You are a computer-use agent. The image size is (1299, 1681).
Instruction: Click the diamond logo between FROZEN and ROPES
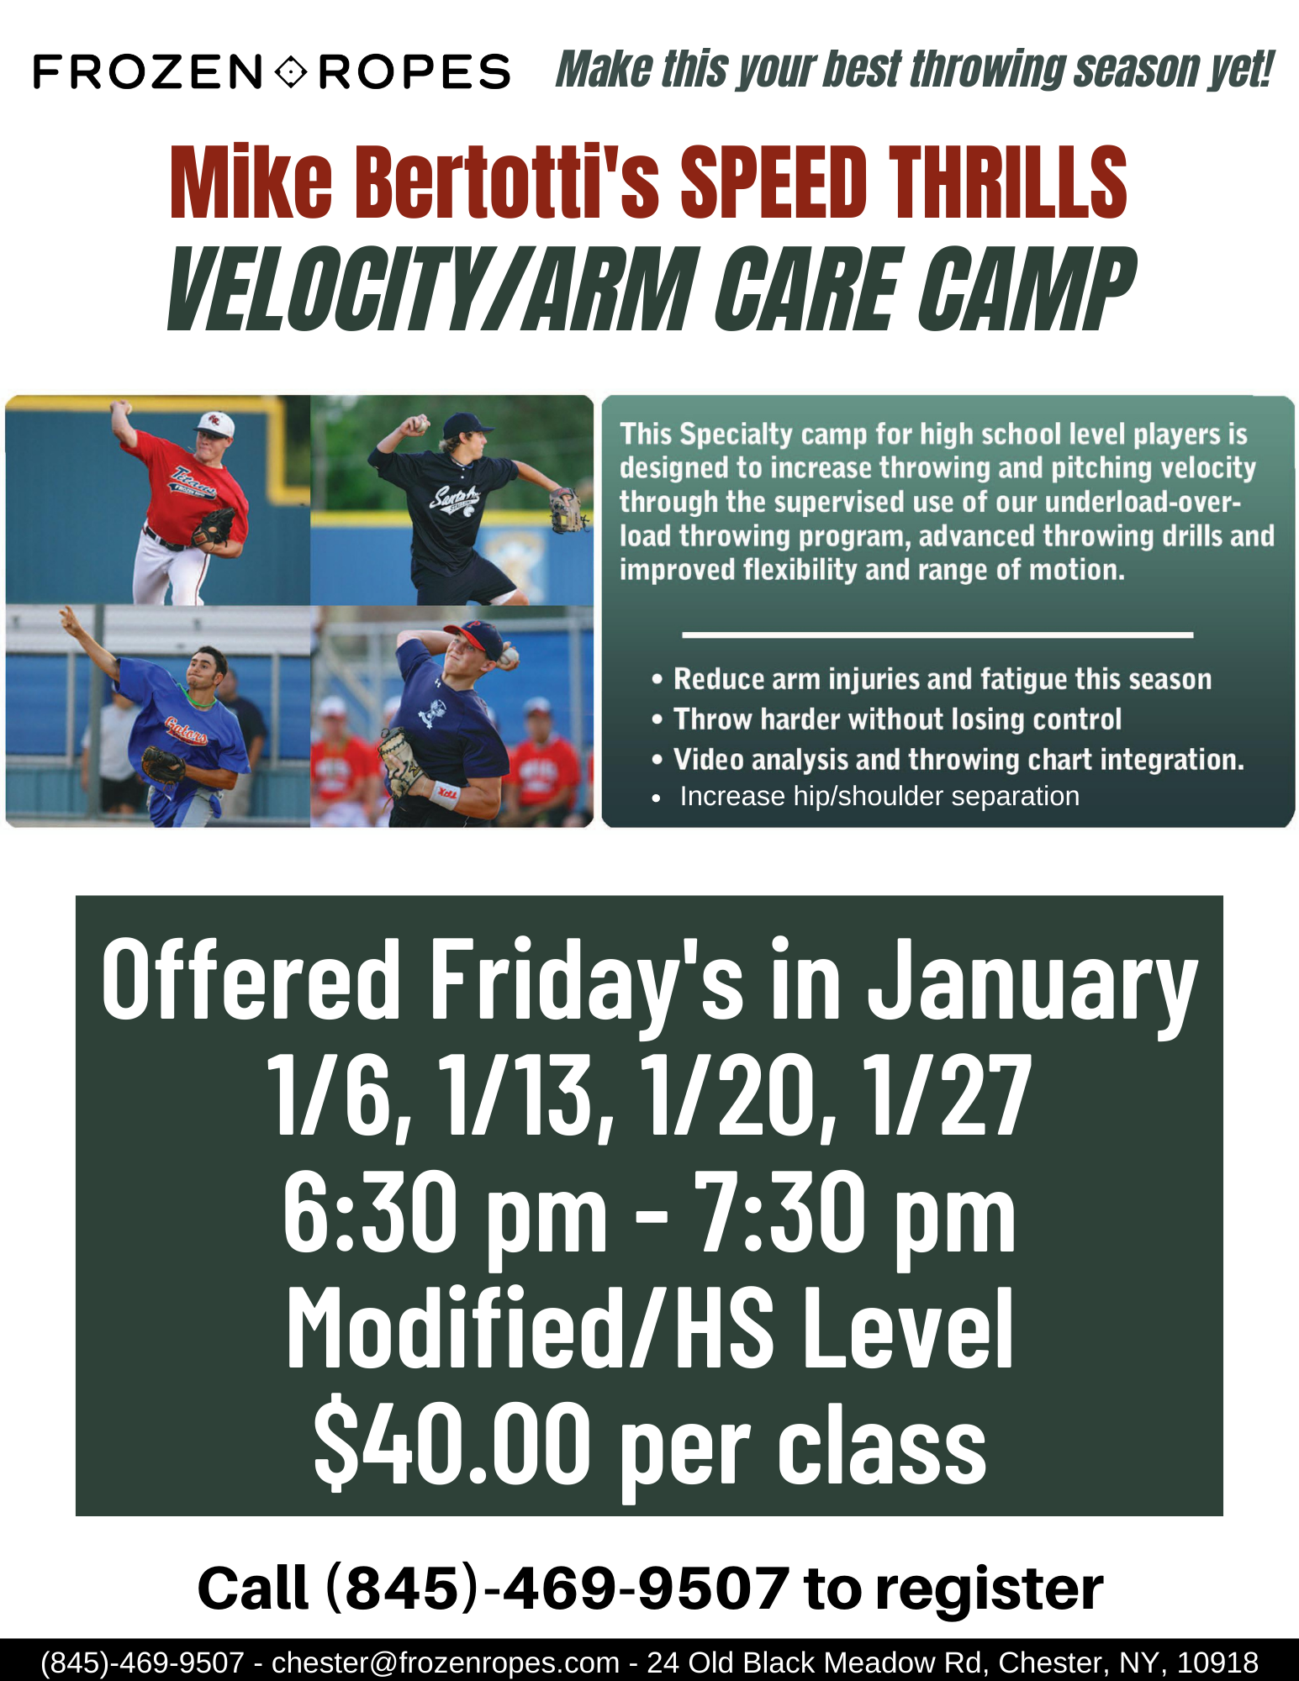291,71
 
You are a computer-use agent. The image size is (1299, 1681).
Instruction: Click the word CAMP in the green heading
1025,288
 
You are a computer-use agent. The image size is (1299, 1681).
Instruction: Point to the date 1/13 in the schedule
526,1096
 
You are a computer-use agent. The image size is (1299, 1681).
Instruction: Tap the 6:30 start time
372,1212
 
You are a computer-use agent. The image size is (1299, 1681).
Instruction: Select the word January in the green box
1032,983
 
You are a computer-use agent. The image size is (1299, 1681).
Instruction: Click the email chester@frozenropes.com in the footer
445,1662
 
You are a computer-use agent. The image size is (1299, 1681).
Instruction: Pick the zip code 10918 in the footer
1217,1662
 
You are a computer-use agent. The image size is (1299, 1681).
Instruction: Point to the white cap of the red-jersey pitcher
216,425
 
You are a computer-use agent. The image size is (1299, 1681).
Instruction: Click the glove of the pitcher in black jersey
568,510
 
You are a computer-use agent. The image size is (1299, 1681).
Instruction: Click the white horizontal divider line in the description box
937,635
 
